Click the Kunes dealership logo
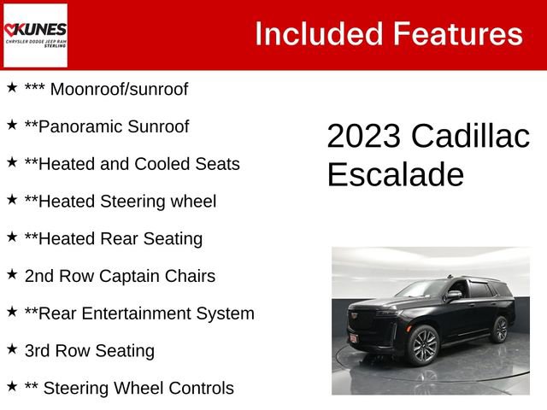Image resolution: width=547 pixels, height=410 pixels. [x=35, y=35]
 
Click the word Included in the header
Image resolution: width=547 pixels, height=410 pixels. [x=317, y=34]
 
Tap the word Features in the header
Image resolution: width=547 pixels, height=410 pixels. [x=457, y=34]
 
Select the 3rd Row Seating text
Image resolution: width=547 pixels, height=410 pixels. [x=90, y=350]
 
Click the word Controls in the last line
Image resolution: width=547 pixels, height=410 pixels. [x=196, y=388]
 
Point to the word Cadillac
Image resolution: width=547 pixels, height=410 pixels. [x=470, y=137]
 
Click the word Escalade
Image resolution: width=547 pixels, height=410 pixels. [x=395, y=174]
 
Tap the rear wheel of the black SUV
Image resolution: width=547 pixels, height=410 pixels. [x=500, y=329]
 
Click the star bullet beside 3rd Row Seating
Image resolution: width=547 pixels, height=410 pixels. [x=12, y=349]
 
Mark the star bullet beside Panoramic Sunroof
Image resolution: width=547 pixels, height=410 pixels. [x=12, y=126]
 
